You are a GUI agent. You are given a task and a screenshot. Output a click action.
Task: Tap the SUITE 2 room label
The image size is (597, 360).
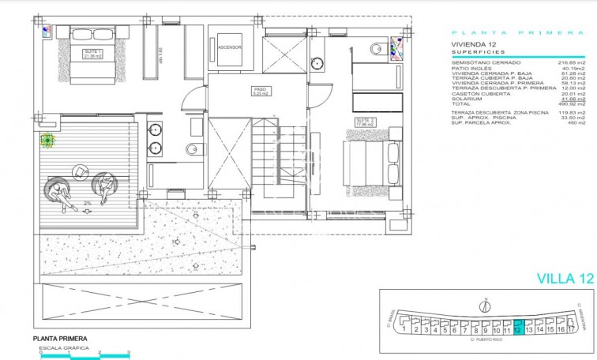coord(363,122)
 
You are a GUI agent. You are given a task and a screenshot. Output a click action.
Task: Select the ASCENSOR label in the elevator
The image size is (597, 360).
coord(229,47)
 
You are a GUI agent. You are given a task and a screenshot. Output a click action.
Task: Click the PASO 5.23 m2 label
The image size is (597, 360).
coord(261,91)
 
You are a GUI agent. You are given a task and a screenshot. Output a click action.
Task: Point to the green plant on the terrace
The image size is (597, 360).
coord(48,141)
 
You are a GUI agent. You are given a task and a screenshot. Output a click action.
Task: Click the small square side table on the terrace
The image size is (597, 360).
coord(81,171)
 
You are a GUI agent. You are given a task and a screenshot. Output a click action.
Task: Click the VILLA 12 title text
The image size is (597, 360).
coord(564,278)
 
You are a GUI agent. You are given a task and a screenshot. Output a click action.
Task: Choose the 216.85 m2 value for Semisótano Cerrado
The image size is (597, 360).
coord(572,61)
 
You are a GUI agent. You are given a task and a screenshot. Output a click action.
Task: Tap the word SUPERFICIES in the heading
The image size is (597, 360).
coord(473,52)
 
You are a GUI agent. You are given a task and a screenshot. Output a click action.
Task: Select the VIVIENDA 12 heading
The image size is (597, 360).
coord(472,45)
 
